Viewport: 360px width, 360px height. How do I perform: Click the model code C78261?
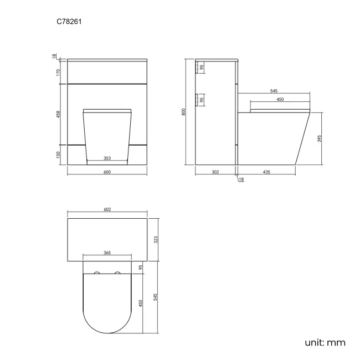point(71,22)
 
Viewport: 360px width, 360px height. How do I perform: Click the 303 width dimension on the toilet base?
point(107,158)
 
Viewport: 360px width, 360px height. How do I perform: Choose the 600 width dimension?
point(107,172)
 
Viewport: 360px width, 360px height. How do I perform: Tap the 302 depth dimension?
point(215,172)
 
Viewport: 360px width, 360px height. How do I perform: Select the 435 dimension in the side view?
point(266,172)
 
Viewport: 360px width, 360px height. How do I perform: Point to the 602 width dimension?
point(107,209)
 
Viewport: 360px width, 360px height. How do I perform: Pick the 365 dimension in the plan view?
point(107,253)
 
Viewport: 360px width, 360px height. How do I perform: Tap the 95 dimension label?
point(141,267)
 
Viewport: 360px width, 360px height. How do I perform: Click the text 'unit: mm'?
point(325,342)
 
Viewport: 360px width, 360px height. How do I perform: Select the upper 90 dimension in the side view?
point(202,68)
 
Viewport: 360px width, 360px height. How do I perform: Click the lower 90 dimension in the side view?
point(202,100)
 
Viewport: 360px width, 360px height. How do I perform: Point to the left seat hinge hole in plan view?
point(97,274)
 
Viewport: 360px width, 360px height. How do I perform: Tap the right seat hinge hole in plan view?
point(117,274)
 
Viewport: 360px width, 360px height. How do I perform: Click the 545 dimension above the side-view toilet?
point(274,91)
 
